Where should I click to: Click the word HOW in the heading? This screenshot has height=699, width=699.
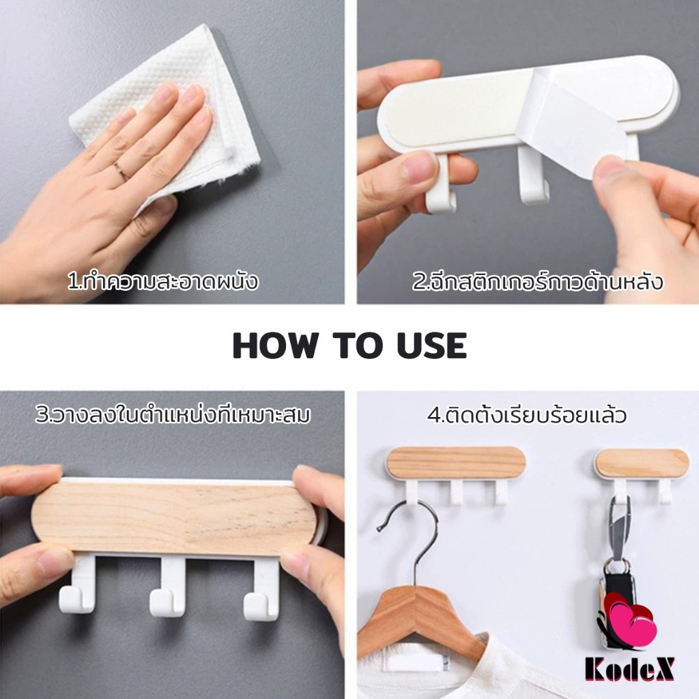coord(276,345)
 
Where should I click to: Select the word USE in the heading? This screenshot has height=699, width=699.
coord(431,345)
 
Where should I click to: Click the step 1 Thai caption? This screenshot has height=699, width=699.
coord(162,282)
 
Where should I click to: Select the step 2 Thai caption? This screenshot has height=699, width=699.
coord(537,282)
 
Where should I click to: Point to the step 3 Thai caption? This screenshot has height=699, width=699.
coord(173,415)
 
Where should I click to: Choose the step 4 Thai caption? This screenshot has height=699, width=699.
coord(527,415)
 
